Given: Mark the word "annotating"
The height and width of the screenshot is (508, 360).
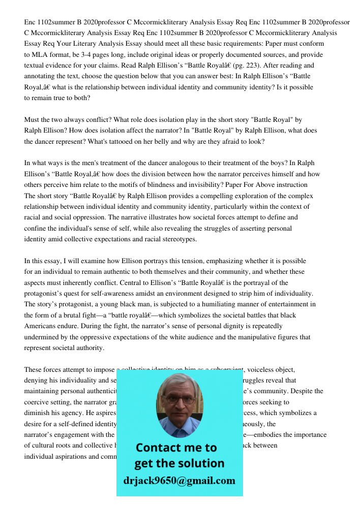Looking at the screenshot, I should pos(41,76).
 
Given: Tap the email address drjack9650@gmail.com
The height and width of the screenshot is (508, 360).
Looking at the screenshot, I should pos(179,481).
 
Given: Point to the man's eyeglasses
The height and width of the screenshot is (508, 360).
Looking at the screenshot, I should pos(179,398).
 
